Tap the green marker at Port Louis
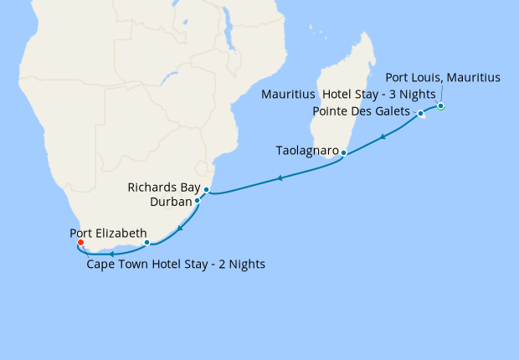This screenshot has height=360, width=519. pyautogui.click(x=440, y=106)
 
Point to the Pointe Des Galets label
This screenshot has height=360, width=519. pyautogui.click(x=361, y=111)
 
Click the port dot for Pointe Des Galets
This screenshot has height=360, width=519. pyautogui.click(x=421, y=113)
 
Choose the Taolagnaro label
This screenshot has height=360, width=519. pyautogui.click(x=307, y=151)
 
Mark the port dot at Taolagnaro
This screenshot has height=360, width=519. pyautogui.click(x=343, y=153)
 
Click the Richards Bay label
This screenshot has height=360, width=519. pyautogui.click(x=165, y=188)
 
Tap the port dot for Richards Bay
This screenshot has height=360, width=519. pyautogui.click(x=206, y=190)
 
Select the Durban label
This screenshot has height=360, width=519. pyautogui.click(x=171, y=202)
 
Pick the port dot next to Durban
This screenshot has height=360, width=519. pyautogui.click(x=197, y=201)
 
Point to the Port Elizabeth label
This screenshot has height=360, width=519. pyautogui.click(x=110, y=233)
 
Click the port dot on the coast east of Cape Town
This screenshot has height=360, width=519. pyautogui.click(x=147, y=243)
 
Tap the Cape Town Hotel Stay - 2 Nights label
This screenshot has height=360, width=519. pyautogui.click(x=176, y=265)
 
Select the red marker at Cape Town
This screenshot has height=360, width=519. pyautogui.click(x=80, y=244)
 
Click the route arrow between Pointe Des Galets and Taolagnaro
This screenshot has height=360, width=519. pyautogui.click(x=383, y=136)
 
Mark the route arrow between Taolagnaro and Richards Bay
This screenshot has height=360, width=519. pyautogui.click(x=279, y=178)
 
